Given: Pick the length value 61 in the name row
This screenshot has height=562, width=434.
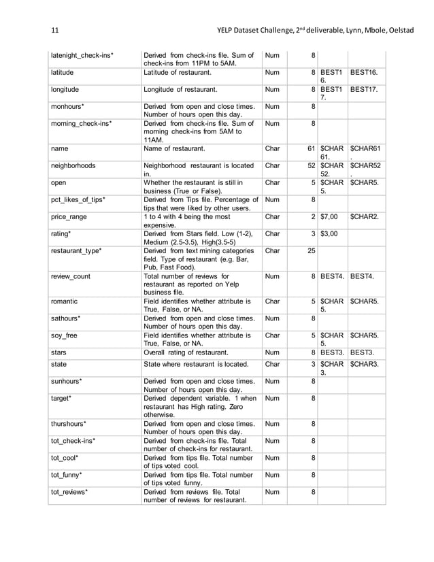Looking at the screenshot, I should (310, 148).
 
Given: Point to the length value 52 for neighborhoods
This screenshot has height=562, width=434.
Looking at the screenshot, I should (310, 165).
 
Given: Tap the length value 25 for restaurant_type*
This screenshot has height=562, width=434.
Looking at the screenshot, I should (310, 251).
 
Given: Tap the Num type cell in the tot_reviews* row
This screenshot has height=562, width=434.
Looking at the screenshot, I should (272, 491).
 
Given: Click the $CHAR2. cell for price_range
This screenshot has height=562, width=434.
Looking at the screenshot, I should (365, 217).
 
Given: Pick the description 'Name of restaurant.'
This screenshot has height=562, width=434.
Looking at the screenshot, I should (174, 148).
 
